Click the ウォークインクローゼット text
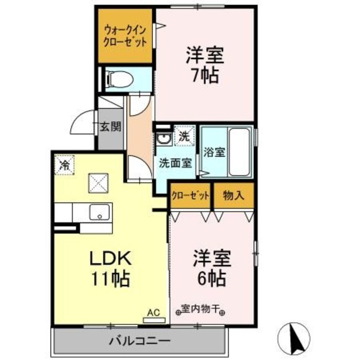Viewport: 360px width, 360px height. pos(125,36)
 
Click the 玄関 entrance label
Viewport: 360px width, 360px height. pos(111,127)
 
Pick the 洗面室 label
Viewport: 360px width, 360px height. pos(175,164)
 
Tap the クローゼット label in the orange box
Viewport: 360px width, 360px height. pos(191,196)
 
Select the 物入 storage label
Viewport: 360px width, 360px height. pos(232,196)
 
